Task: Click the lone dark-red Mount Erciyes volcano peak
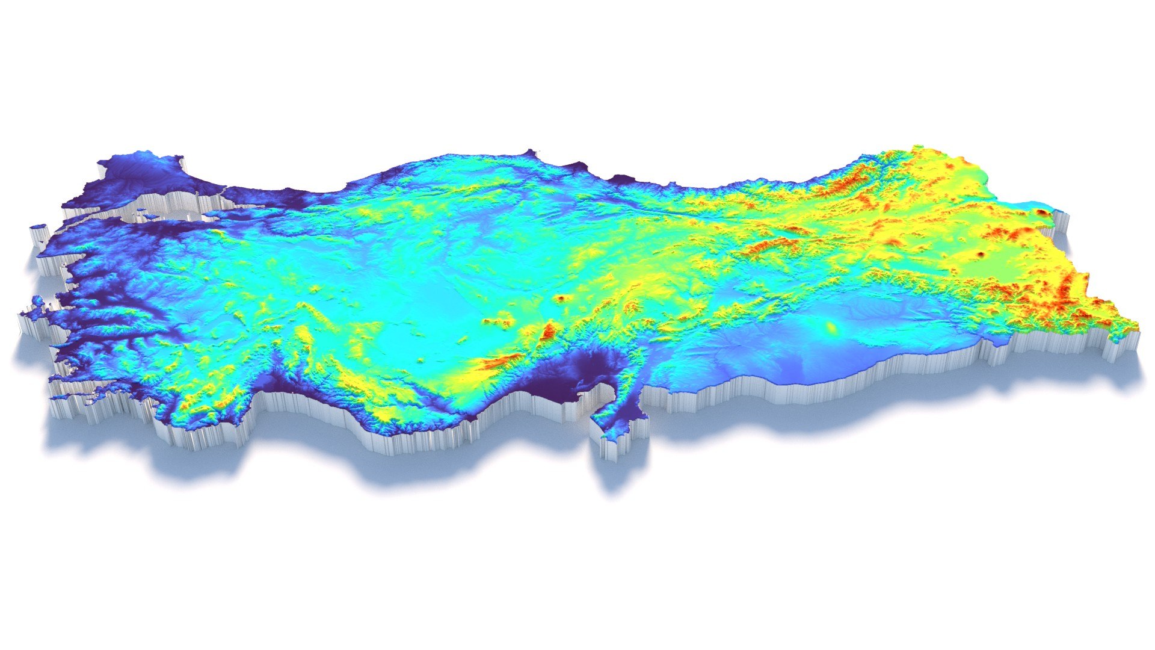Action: point(561,298)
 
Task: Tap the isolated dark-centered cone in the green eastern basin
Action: point(982,254)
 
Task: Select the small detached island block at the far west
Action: point(39,229)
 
